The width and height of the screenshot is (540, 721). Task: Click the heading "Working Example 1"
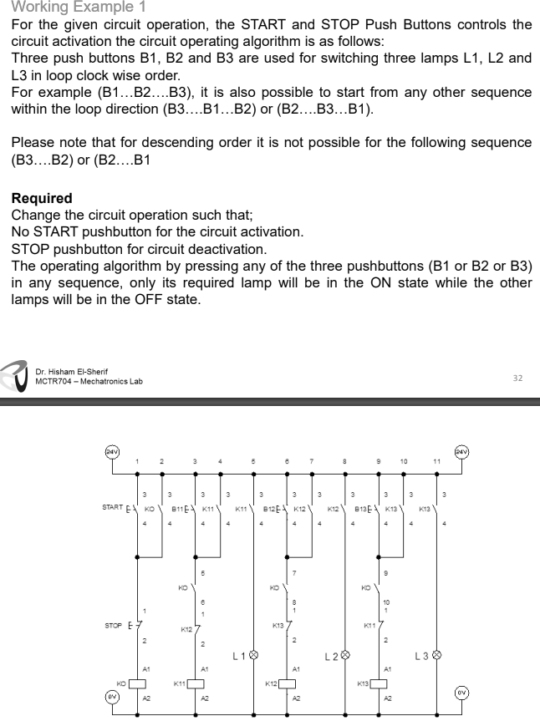[74, 7]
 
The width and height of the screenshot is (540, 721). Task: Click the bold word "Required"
[42, 199]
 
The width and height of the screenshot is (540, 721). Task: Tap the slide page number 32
[517, 378]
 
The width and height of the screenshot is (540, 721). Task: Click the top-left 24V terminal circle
[110, 452]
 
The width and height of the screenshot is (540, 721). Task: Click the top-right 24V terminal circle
[461, 452]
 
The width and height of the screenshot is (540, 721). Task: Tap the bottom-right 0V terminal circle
[461, 693]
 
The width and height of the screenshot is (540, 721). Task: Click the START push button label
[112, 506]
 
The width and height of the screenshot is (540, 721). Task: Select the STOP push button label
[114, 625]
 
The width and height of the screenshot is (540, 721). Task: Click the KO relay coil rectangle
[136, 683]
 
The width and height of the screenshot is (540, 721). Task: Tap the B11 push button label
[178, 506]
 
